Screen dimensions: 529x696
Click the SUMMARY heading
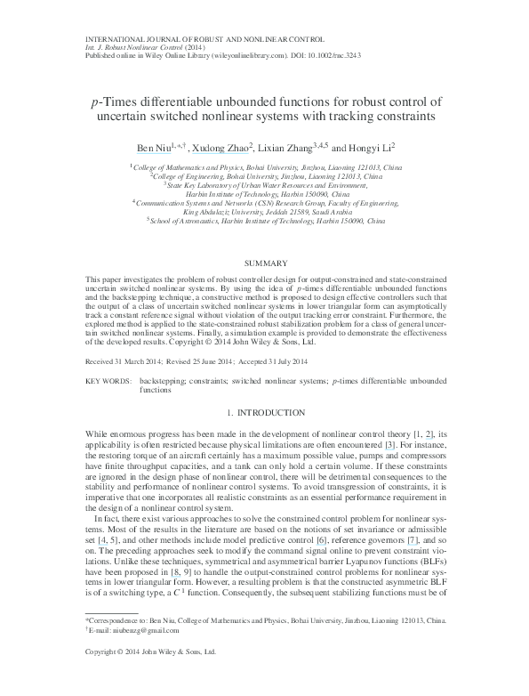(264, 263)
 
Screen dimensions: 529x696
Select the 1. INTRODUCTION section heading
(264, 414)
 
